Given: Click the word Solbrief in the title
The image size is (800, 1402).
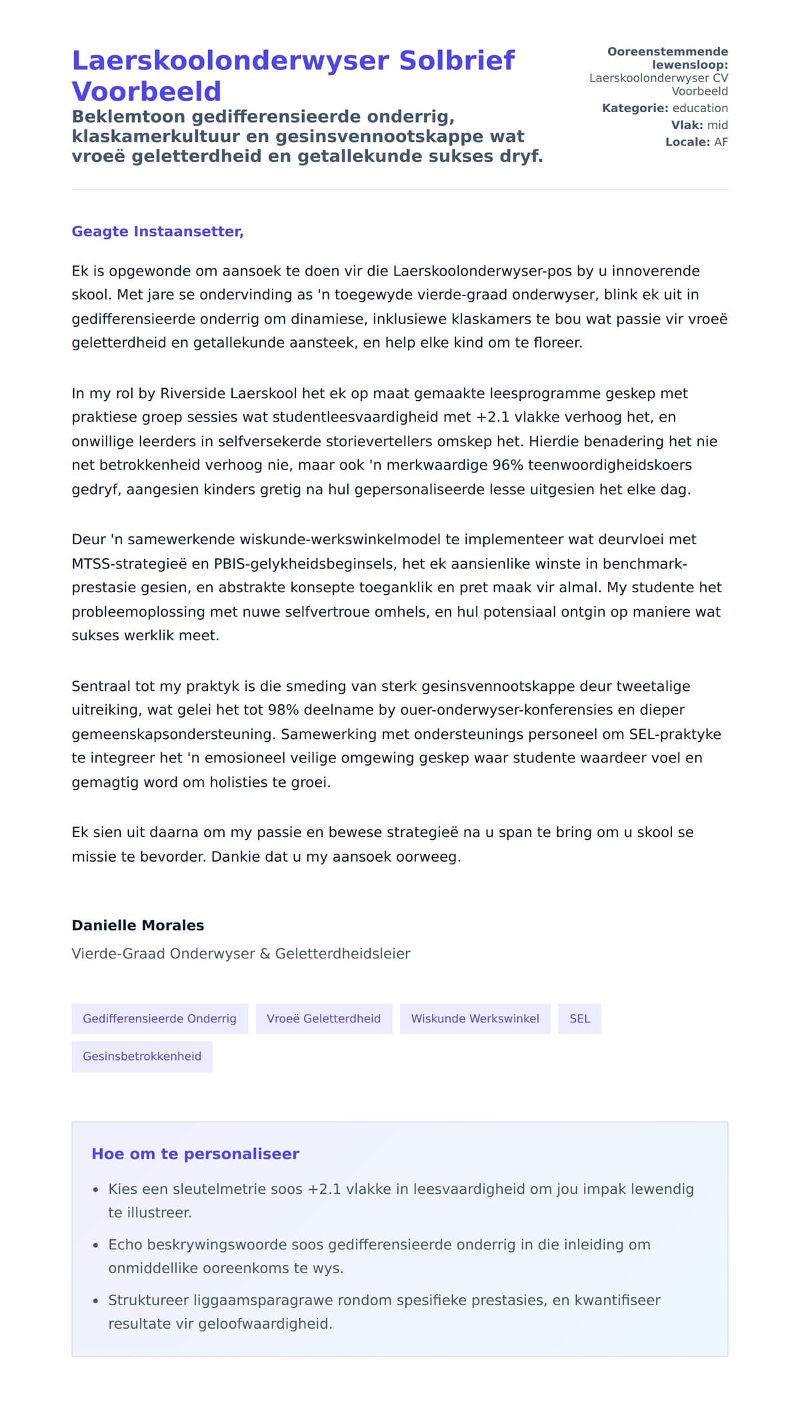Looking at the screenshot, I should coord(457,61).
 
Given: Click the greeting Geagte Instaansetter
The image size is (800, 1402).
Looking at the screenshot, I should coord(157,231).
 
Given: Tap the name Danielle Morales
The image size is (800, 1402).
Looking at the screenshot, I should coord(138,925).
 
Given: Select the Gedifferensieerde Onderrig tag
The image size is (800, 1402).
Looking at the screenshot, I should coord(159,1018).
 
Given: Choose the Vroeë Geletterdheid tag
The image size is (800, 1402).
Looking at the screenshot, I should coord(323,1018).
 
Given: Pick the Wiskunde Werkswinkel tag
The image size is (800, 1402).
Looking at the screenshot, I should coord(475,1018).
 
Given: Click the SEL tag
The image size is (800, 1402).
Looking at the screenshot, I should coord(579,1018).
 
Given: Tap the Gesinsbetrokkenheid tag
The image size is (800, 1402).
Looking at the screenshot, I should coord(141,1057).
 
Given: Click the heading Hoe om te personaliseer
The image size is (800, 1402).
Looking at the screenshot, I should coord(195,1154).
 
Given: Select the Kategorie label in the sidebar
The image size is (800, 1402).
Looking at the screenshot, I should coord(635,108).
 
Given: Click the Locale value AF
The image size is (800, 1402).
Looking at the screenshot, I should coord(721,142).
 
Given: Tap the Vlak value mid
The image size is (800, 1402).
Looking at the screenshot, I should coord(717,125).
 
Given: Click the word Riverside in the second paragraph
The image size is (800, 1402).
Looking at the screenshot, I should coord(193,394).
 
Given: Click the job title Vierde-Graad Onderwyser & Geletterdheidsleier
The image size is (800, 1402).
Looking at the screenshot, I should coord(241,954).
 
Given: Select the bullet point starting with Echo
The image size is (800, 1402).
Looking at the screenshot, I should coord(379,1256).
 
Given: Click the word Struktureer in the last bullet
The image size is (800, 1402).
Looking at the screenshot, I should coord(148,1300).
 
